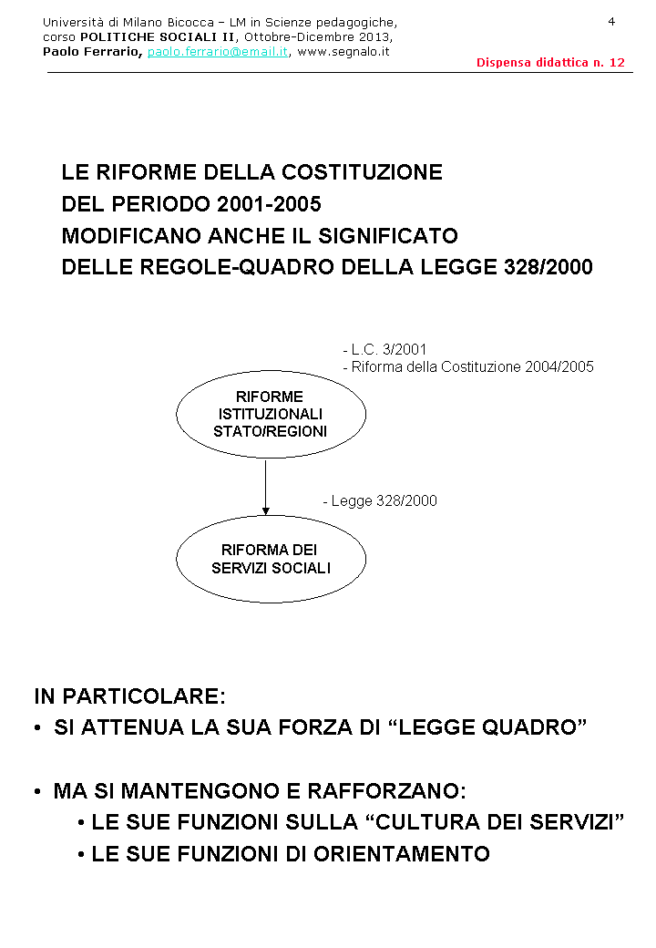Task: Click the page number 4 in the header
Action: [611, 21]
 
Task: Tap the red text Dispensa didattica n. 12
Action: [550, 63]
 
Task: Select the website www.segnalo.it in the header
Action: [343, 52]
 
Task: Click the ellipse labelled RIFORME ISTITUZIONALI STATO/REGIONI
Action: [271, 415]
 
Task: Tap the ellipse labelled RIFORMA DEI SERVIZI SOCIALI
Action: [271, 559]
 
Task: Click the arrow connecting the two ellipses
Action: [265, 488]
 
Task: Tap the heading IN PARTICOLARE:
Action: [129, 696]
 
